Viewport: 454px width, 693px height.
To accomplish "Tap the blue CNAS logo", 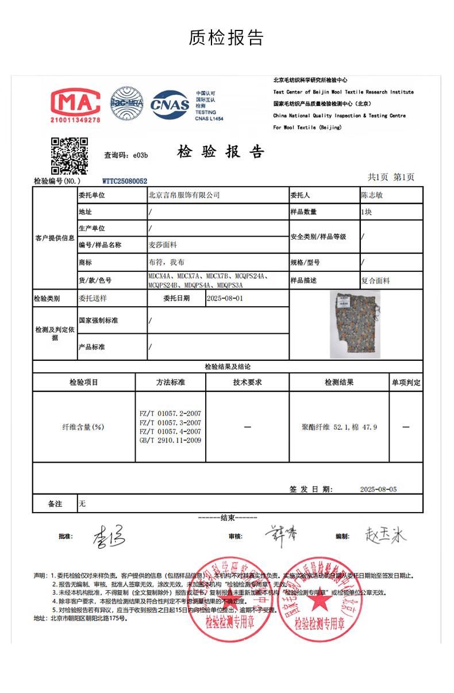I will [170, 104].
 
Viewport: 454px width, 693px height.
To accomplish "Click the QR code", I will [70, 155].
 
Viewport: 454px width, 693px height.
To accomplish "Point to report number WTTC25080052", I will [125, 181].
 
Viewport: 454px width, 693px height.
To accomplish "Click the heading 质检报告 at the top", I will [226, 38].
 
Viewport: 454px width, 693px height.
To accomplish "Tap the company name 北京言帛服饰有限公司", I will [184, 195].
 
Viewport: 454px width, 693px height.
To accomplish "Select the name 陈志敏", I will [371, 195].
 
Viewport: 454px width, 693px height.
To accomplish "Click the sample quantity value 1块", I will [366, 212].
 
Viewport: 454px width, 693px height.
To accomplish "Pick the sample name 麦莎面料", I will [163, 245].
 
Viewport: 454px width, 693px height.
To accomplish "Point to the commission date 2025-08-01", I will [224, 299].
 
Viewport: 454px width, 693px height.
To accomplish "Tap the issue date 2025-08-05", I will [378, 489].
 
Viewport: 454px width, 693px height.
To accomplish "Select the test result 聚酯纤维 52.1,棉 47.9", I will [339, 427].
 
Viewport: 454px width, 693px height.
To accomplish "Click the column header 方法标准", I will [171, 382].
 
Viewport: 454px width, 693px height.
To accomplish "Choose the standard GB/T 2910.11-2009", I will [171, 440].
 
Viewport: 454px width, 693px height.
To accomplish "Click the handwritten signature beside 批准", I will [109, 536].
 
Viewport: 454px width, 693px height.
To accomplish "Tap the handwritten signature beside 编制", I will [385, 536].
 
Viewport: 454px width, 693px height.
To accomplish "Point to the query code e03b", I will [141, 155].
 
